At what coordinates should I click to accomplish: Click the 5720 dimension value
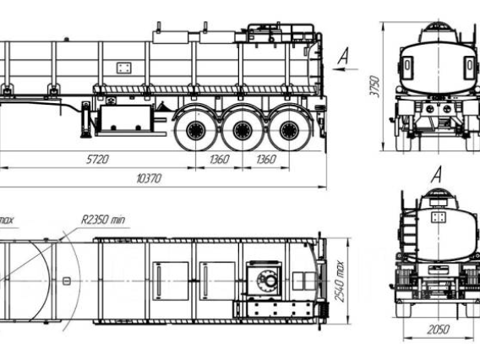pyautogui.click(x=97, y=159)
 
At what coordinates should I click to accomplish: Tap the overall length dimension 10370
pyautogui.click(x=149, y=178)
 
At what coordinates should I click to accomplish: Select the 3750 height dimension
pyautogui.click(x=375, y=86)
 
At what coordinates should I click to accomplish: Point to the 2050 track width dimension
pyautogui.click(x=439, y=330)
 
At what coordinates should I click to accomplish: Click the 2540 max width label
pyautogui.click(x=339, y=281)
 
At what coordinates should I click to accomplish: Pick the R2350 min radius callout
pyautogui.click(x=103, y=220)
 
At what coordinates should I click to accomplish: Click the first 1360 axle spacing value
pyautogui.click(x=219, y=159)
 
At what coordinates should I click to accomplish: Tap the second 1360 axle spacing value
pyautogui.click(x=266, y=159)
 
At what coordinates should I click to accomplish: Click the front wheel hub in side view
pyautogui.click(x=195, y=130)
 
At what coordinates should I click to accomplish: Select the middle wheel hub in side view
pyautogui.click(x=243, y=130)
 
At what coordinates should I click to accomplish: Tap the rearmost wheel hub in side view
pyautogui.click(x=289, y=130)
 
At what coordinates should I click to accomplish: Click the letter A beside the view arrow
pyautogui.click(x=344, y=56)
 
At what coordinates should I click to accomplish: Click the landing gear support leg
pyautogui.click(x=85, y=120)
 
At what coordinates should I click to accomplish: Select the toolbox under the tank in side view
pyautogui.click(x=126, y=119)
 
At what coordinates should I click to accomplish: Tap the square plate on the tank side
pyautogui.click(x=124, y=68)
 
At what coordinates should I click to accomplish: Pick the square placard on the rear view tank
pyautogui.click(x=439, y=217)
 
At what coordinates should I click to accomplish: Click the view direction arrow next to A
pyautogui.click(x=346, y=69)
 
